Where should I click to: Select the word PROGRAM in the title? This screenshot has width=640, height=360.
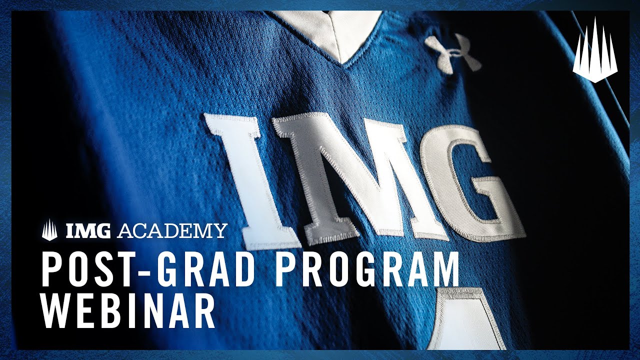pyautogui.click(x=368, y=270)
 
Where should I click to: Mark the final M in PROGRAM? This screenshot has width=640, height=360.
pyautogui.click(x=443, y=270)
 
